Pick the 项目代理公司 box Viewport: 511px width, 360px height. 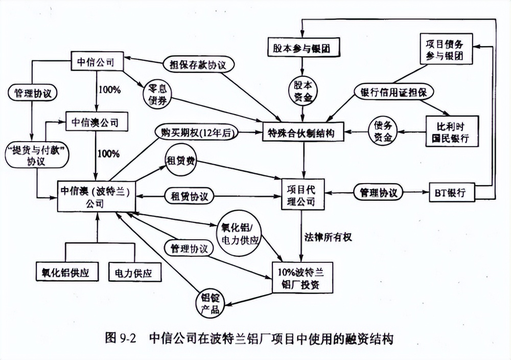(x=305, y=193)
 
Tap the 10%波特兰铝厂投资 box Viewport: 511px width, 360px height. (x=304, y=278)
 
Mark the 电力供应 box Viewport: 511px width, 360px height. (x=135, y=273)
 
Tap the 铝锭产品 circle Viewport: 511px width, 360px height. (x=210, y=303)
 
